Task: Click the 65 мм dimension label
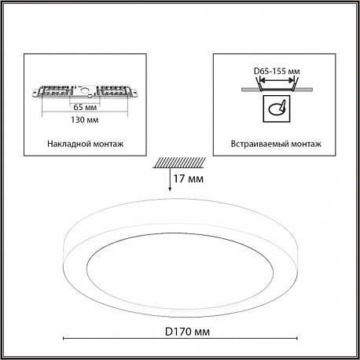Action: click(x=85, y=107)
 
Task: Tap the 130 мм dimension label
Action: click(x=85, y=119)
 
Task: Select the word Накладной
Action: click(x=67, y=144)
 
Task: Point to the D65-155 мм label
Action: click(x=277, y=71)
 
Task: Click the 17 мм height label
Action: click(x=189, y=178)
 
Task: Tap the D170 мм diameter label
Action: click(x=187, y=332)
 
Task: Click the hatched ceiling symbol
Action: click(x=179, y=163)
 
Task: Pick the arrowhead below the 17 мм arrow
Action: click(x=170, y=189)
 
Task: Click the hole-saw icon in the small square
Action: click(x=277, y=108)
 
